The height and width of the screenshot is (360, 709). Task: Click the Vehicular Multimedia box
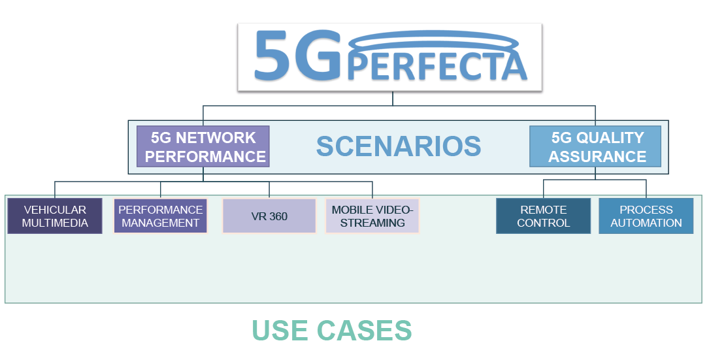pos(55,216)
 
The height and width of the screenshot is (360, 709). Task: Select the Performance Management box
pos(161,216)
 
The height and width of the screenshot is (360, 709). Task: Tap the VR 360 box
pos(269,216)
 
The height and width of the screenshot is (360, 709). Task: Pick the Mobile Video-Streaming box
pos(372,216)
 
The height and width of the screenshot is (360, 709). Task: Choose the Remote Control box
pos(543,216)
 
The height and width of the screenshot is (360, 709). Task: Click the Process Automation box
pos(646,216)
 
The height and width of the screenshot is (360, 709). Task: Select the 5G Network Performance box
pos(203,147)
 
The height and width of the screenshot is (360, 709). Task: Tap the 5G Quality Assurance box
pos(596,147)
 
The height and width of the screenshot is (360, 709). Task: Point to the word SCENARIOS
pos(399,147)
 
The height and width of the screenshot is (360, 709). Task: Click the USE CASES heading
pos(332,331)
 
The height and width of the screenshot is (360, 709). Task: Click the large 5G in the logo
pos(297,56)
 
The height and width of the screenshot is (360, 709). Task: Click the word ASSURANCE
pos(597,157)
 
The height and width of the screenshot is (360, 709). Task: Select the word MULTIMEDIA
pos(55,223)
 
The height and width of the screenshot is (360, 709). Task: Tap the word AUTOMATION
pos(646,223)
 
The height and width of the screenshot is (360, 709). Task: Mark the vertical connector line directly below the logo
pos(393,98)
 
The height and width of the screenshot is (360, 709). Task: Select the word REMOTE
pos(543,210)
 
